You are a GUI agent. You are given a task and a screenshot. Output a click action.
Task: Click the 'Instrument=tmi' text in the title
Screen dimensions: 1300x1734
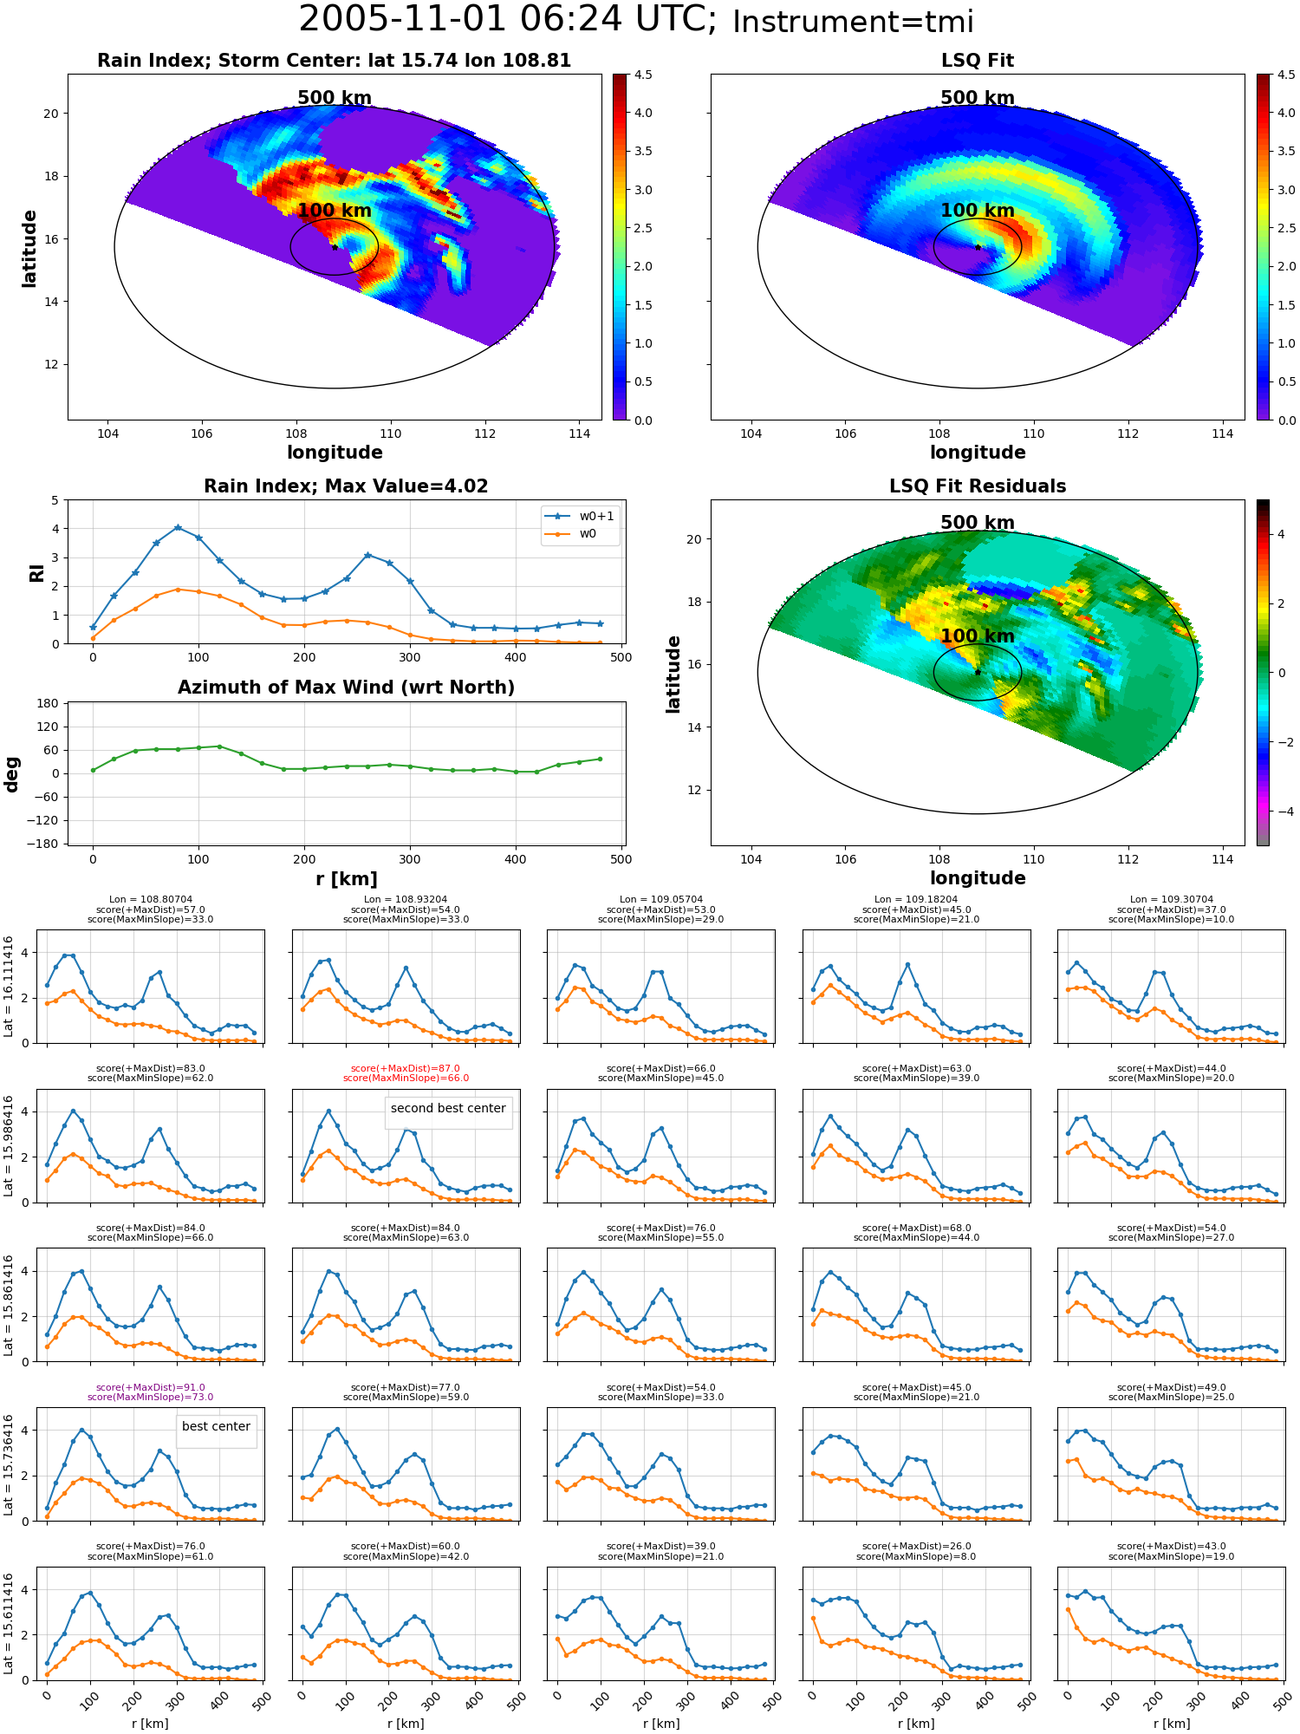tap(853, 22)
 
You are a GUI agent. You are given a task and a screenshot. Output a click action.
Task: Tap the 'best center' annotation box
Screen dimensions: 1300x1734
tap(216, 1426)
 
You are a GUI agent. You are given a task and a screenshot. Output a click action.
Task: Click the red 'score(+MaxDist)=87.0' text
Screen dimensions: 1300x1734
tap(406, 1069)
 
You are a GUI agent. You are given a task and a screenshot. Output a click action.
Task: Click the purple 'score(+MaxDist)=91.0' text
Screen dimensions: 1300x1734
tap(150, 1387)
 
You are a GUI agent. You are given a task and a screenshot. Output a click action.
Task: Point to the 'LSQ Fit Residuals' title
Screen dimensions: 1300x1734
tap(978, 486)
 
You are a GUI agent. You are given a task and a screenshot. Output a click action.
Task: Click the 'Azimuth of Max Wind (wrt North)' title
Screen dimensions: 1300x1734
tap(346, 688)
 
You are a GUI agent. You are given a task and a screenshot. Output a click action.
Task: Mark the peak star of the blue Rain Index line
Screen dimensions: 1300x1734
tap(178, 527)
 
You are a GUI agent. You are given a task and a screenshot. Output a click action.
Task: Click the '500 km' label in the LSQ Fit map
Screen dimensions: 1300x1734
tap(978, 98)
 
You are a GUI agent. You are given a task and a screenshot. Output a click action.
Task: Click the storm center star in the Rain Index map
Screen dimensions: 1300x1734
tap(335, 247)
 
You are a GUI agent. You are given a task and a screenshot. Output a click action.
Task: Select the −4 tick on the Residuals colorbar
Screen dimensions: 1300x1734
tap(1282, 812)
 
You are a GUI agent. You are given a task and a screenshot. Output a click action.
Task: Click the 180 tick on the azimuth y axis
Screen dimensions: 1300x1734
tap(49, 703)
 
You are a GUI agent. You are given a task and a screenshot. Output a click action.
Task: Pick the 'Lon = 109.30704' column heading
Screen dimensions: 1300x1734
tap(1171, 900)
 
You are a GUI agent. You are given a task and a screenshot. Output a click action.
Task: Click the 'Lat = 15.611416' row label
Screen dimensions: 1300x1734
tap(9, 1623)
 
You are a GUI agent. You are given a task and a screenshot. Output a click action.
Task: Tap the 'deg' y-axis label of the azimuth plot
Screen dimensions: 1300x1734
tap(12, 774)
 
